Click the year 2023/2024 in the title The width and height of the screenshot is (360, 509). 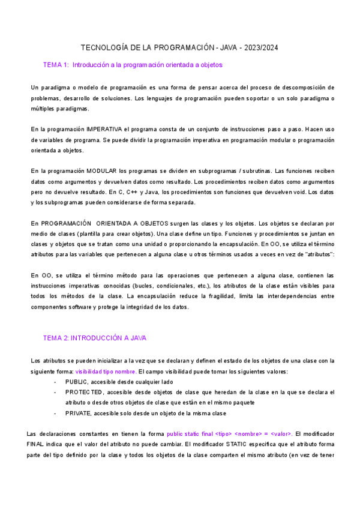tap(261, 47)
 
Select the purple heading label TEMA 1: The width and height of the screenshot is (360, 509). tap(56, 65)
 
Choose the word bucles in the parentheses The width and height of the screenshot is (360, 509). tap(173, 286)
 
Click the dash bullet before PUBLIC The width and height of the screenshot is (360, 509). tap(55, 382)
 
